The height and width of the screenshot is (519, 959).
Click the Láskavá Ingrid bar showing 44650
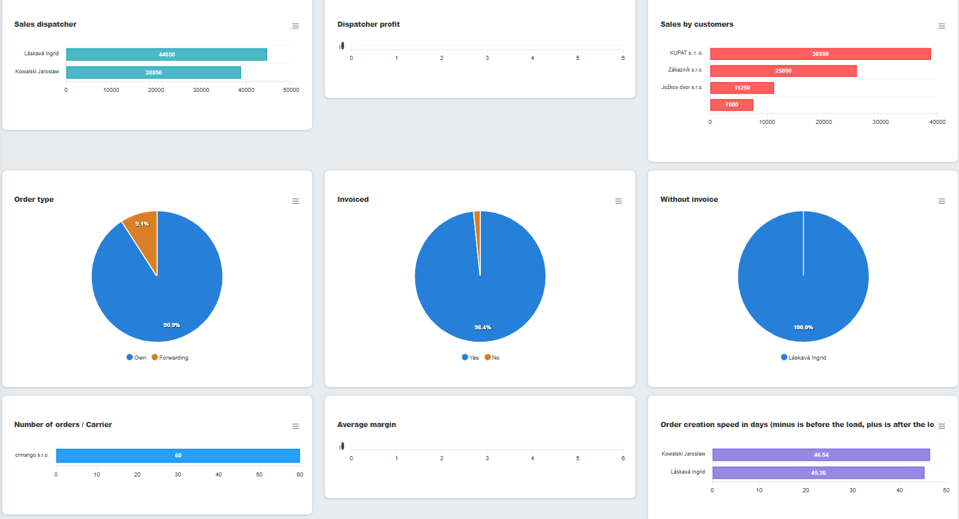point(167,54)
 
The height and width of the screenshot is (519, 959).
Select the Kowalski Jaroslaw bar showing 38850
point(153,72)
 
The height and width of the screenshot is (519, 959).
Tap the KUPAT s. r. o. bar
point(820,54)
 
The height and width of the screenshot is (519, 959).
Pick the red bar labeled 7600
point(732,105)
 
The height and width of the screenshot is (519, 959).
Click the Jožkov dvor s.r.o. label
point(682,87)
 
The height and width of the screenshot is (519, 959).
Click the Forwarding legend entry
point(170,358)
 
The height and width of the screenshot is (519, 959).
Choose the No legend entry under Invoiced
point(492,358)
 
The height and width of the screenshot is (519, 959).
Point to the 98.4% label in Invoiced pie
point(483,328)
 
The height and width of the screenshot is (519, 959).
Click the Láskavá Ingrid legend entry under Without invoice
point(804,358)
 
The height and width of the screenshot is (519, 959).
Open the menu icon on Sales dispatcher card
point(295,26)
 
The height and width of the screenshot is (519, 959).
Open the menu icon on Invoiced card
point(618,201)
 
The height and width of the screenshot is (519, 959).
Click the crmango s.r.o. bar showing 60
point(178,456)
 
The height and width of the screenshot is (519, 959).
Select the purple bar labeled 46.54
point(821,455)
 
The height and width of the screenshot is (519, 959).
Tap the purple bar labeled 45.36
point(818,473)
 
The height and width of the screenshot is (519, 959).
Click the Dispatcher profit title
point(369,24)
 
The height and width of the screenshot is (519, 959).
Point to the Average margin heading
point(366,425)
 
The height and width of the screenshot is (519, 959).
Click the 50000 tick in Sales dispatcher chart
point(291,90)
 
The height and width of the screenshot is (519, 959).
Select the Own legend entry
point(136,358)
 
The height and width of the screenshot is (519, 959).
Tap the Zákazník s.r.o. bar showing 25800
point(784,71)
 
